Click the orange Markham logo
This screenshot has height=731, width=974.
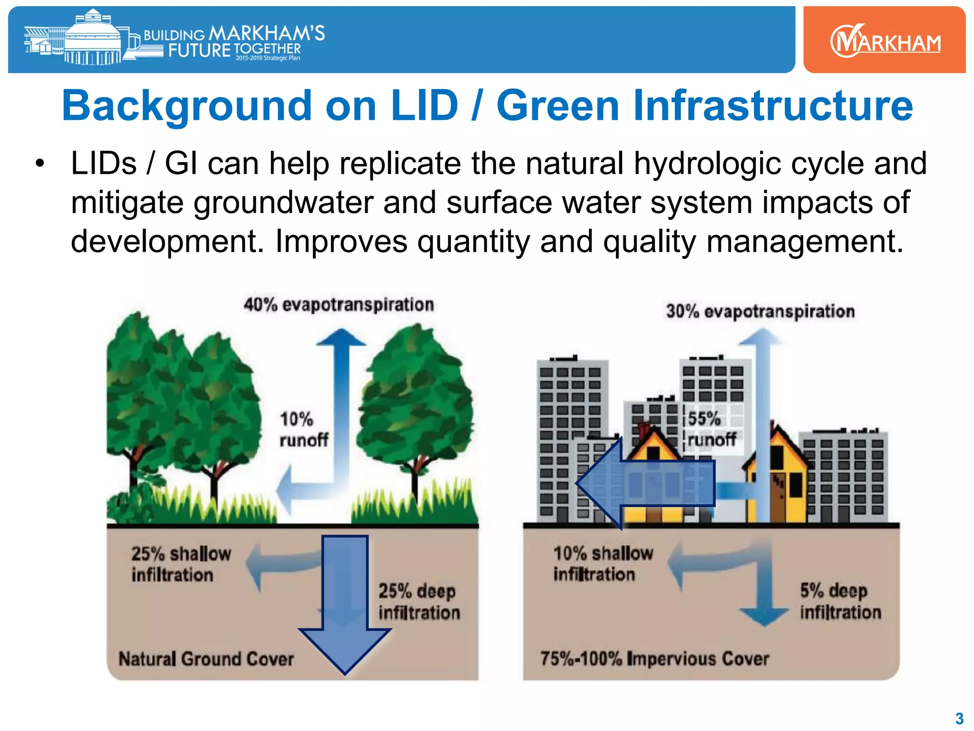885,40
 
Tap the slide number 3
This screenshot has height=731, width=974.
959,718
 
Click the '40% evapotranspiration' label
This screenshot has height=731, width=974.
339,305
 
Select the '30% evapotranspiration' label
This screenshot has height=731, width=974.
760,311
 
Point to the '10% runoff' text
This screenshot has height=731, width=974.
303,430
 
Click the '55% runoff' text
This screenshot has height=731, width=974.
711,429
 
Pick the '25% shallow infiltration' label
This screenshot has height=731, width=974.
181,564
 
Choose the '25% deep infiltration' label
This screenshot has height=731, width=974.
419,602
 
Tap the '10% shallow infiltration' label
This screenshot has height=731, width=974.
603,563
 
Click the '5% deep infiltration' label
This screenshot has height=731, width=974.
840,601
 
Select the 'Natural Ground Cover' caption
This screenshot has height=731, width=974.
206,659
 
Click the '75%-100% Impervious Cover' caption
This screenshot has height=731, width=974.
654,659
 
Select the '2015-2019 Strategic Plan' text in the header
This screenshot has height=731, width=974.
268,58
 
